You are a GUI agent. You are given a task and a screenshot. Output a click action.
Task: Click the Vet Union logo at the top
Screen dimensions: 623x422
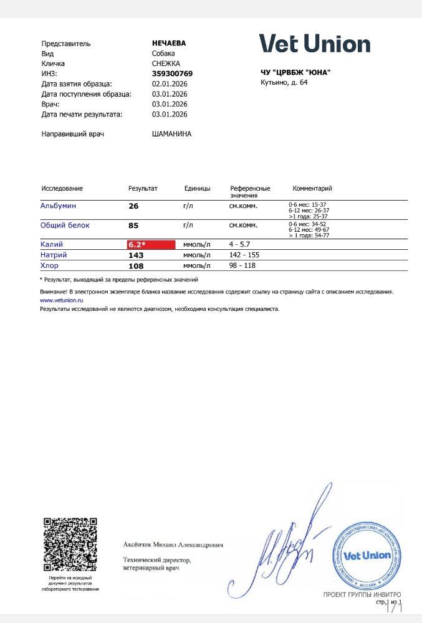pyautogui.click(x=315, y=44)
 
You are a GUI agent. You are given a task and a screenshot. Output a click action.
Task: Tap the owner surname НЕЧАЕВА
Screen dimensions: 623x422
pyautogui.click(x=169, y=44)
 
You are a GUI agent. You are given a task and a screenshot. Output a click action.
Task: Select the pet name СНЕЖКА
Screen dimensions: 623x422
pyautogui.click(x=166, y=64)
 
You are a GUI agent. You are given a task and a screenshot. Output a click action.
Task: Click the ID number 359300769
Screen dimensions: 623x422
pyautogui.click(x=172, y=74)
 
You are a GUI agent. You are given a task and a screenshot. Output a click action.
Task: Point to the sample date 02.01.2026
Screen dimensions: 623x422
pyautogui.click(x=170, y=83)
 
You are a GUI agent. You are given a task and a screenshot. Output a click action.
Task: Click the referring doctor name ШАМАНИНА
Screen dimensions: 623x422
pyautogui.click(x=171, y=134)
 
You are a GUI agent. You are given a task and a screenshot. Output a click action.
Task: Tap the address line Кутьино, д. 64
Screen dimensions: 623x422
pyautogui.click(x=284, y=82)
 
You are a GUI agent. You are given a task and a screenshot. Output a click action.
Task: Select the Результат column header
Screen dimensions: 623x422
pyautogui.click(x=143, y=188)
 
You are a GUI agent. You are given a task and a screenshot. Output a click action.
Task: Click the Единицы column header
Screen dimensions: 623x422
pyautogui.click(x=197, y=188)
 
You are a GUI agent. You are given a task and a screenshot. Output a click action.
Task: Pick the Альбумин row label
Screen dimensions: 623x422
pyautogui.click(x=58, y=206)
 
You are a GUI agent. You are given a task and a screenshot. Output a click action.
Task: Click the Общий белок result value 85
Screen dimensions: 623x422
pyautogui.click(x=133, y=226)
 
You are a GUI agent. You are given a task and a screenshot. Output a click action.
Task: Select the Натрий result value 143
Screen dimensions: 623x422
pyautogui.click(x=136, y=255)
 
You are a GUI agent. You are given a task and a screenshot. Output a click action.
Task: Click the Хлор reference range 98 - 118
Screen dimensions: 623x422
pyautogui.click(x=242, y=266)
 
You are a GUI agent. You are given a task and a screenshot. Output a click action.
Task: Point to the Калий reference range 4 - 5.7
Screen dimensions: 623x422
pyautogui.click(x=239, y=245)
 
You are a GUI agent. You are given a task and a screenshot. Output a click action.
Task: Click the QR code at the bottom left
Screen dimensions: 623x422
pyautogui.click(x=70, y=545)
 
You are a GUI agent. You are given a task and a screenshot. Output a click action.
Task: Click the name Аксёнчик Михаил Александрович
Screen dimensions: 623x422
pyautogui.click(x=173, y=545)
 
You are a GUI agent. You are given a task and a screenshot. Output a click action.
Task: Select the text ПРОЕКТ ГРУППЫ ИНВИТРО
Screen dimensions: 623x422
pyautogui.click(x=362, y=595)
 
